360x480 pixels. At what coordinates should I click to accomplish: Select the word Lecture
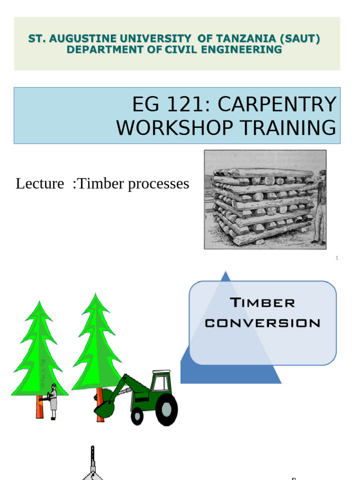[x=40, y=184]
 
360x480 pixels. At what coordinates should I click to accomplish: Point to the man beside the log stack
[x=320, y=206]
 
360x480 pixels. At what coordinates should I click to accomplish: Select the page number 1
[x=337, y=258]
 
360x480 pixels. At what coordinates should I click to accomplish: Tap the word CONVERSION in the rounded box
[x=262, y=323]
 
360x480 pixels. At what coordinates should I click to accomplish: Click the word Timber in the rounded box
[x=262, y=303]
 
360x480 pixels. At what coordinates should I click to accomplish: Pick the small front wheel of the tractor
[x=137, y=415]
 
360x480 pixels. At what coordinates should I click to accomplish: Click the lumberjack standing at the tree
[x=52, y=401]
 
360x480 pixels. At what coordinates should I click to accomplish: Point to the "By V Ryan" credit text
[x=43, y=373]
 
